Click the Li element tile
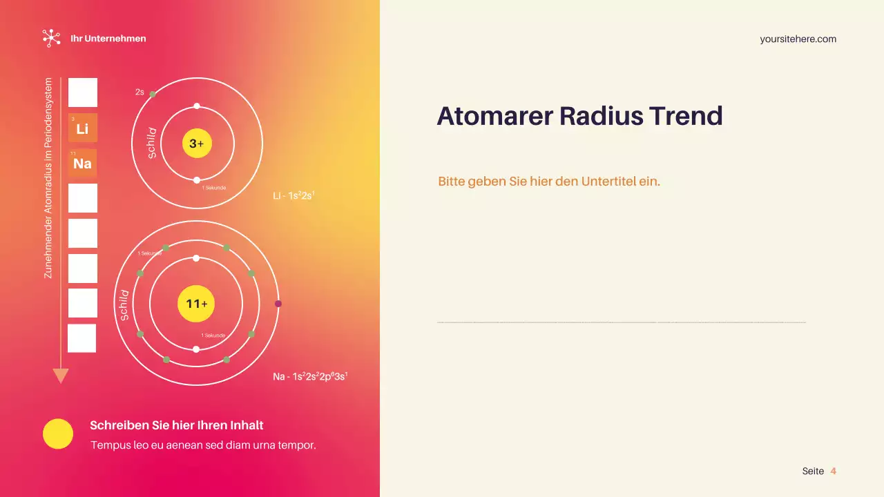pyautogui.click(x=83, y=128)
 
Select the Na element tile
pyautogui.click(x=83, y=164)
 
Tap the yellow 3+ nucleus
pyautogui.click(x=197, y=144)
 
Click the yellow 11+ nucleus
pyautogui.click(x=196, y=304)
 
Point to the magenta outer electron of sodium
pyautogui.click(x=278, y=304)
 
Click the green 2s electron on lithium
pyautogui.click(x=153, y=95)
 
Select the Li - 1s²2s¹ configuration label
pyautogui.click(x=294, y=196)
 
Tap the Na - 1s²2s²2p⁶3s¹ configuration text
pyautogui.click(x=310, y=377)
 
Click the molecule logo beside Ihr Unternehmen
pyautogui.click(x=51, y=38)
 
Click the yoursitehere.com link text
pyautogui.click(x=798, y=39)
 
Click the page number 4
pyautogui.click(x=833, y=471)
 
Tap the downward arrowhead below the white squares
pyautogui.click(x=61, y=376)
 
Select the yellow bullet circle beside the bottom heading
pyautogui.click(x=58, y=433)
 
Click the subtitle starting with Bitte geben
pyautogui.click(x=549, y=182)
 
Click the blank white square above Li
pyautogui.click(x=83, y=92)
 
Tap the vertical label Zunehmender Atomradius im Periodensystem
pyautogui.click(x=48, y=178)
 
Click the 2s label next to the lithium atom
pyautogui.click(x=140, y=92)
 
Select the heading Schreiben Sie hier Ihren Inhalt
pyautogui.click(x=176, y=425)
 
